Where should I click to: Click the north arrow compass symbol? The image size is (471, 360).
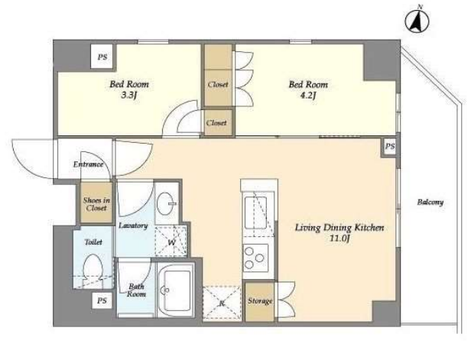click(x=417, y=21)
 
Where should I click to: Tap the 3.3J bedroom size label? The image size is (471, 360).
click(x=129, y=96)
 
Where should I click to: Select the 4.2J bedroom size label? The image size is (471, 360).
click(x=308, y=96)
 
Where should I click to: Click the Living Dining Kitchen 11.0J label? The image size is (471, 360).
click(x=339, y=232)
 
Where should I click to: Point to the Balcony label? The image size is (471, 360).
click(x=430, y=202)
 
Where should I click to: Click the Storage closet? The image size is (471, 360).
click(x=259, y=301)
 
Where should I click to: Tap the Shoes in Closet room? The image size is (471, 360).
click(x=96, y=203)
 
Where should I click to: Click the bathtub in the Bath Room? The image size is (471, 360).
click(x=176, y=290)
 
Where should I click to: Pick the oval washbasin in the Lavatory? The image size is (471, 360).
click(x=167, y=203)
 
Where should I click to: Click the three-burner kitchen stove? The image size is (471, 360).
click(x=255, y=258)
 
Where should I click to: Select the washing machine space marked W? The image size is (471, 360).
click(x=171, y=242)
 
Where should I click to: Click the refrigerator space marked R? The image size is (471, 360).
click(x=222, y=303)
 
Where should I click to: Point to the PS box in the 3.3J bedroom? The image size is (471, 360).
click(x=102, y=57)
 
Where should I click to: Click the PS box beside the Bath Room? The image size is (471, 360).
click(x=102, y=300)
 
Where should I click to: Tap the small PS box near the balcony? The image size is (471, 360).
click(x=390, y=147)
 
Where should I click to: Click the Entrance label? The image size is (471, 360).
click(x=89, y=164)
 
